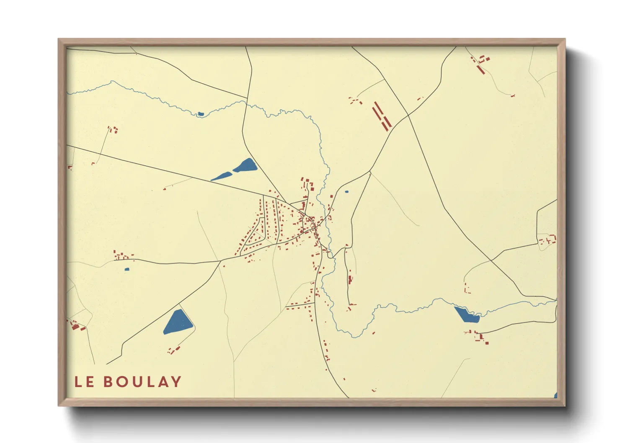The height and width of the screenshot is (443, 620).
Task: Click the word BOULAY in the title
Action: pyautogui.click(x=142, y=382)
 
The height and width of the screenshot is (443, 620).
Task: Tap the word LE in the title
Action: pyautogui.click(x=84, y=382)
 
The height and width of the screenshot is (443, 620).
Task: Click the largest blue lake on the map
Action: pyautogui.click(x=178, y=322)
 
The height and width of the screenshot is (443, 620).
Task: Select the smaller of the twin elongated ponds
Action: pyautogui.click(x=221, y=176)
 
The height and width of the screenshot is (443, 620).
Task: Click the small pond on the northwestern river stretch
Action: pyautogui.click(x=201, y=113)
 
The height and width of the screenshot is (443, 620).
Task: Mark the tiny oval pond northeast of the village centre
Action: pyautogui.click(x=346, y=192)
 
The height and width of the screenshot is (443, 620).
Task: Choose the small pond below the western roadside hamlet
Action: pyautogui.click(x=127, y=269)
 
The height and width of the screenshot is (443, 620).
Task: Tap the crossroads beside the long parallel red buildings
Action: pyautogui.click(x=408, y=115)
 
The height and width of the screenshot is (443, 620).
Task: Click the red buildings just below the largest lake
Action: pyautogui.click(x=174, y=350)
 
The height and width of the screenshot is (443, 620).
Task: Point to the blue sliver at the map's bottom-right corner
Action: pyautogui.click(x=555, y=395)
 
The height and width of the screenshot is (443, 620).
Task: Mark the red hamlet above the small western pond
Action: pyautogui.click(x=122, y=255)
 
